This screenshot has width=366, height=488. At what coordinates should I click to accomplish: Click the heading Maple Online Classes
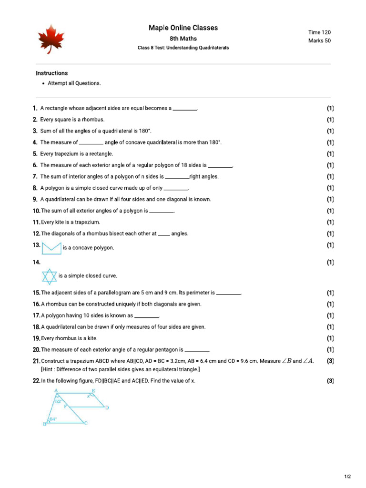pos(183,28)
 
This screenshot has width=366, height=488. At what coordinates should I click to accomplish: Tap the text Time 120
pos(319,32)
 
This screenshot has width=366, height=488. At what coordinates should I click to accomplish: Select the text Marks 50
pos(319,41)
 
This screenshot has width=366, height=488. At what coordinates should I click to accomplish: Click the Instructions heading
pos(52,73)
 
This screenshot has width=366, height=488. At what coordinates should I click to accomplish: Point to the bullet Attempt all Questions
pos(74,83)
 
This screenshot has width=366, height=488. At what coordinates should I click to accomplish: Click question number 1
pos(35,108)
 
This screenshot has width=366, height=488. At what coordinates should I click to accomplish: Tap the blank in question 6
pos(220,165)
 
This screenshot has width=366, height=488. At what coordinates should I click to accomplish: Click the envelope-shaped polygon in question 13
pos(51,248)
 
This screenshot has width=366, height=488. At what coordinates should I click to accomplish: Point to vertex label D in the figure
pos(107,408)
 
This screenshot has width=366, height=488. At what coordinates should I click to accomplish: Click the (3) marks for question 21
pos(330,361)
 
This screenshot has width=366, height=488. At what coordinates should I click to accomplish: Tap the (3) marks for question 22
pos(330,381)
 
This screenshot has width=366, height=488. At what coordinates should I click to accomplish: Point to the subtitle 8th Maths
pos(183,39)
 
